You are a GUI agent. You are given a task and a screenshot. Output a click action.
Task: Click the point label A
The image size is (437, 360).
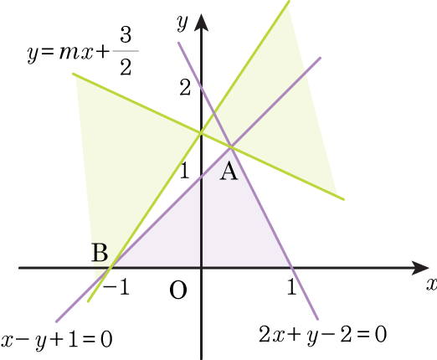click(x=229, y=172)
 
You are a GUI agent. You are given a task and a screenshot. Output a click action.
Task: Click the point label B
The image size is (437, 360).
click(x=100, y=252)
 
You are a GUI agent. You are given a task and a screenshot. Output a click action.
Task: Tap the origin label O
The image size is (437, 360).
click(x=178, y=291)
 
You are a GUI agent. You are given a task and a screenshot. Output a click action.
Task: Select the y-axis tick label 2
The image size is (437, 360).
click(x=185, y=88)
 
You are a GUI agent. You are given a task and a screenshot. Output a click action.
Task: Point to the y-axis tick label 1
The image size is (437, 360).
click(x=185, y=170)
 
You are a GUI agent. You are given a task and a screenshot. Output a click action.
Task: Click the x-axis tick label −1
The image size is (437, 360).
click(x=116, y=287)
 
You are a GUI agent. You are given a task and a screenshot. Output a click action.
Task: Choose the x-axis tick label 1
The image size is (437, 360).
click(x=291, y=286)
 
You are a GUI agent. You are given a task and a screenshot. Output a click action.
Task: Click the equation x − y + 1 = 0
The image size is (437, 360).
click(x=57, y=340)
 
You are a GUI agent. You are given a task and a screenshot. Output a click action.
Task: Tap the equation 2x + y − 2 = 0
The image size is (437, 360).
click(x=323, y=334)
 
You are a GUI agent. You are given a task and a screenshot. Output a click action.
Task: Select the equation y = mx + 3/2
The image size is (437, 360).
click(x=83, y=51)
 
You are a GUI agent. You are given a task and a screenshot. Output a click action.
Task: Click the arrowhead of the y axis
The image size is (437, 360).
click(x=201, y=22)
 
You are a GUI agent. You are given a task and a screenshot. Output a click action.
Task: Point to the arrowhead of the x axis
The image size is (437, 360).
click(x=420, y=268)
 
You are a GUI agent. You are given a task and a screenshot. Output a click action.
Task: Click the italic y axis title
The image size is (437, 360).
click(x=183, y=23)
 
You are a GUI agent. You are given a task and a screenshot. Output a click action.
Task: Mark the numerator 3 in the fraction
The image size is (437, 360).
click(x=126, y=35)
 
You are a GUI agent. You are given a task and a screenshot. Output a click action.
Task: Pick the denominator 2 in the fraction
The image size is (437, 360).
click(x=126, y=67)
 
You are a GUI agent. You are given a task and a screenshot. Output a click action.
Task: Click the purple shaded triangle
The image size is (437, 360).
click(x=200, y=228)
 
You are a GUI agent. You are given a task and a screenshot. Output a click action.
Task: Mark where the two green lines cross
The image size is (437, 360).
click(x=201, y=133)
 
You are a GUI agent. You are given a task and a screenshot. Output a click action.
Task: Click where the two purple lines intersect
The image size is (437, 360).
click(x=231, y=147)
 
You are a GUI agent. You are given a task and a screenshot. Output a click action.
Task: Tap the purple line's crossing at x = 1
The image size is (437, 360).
click(x=291, y=268)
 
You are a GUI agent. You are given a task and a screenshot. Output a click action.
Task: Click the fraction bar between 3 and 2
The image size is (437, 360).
click(x=126, y=51)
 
